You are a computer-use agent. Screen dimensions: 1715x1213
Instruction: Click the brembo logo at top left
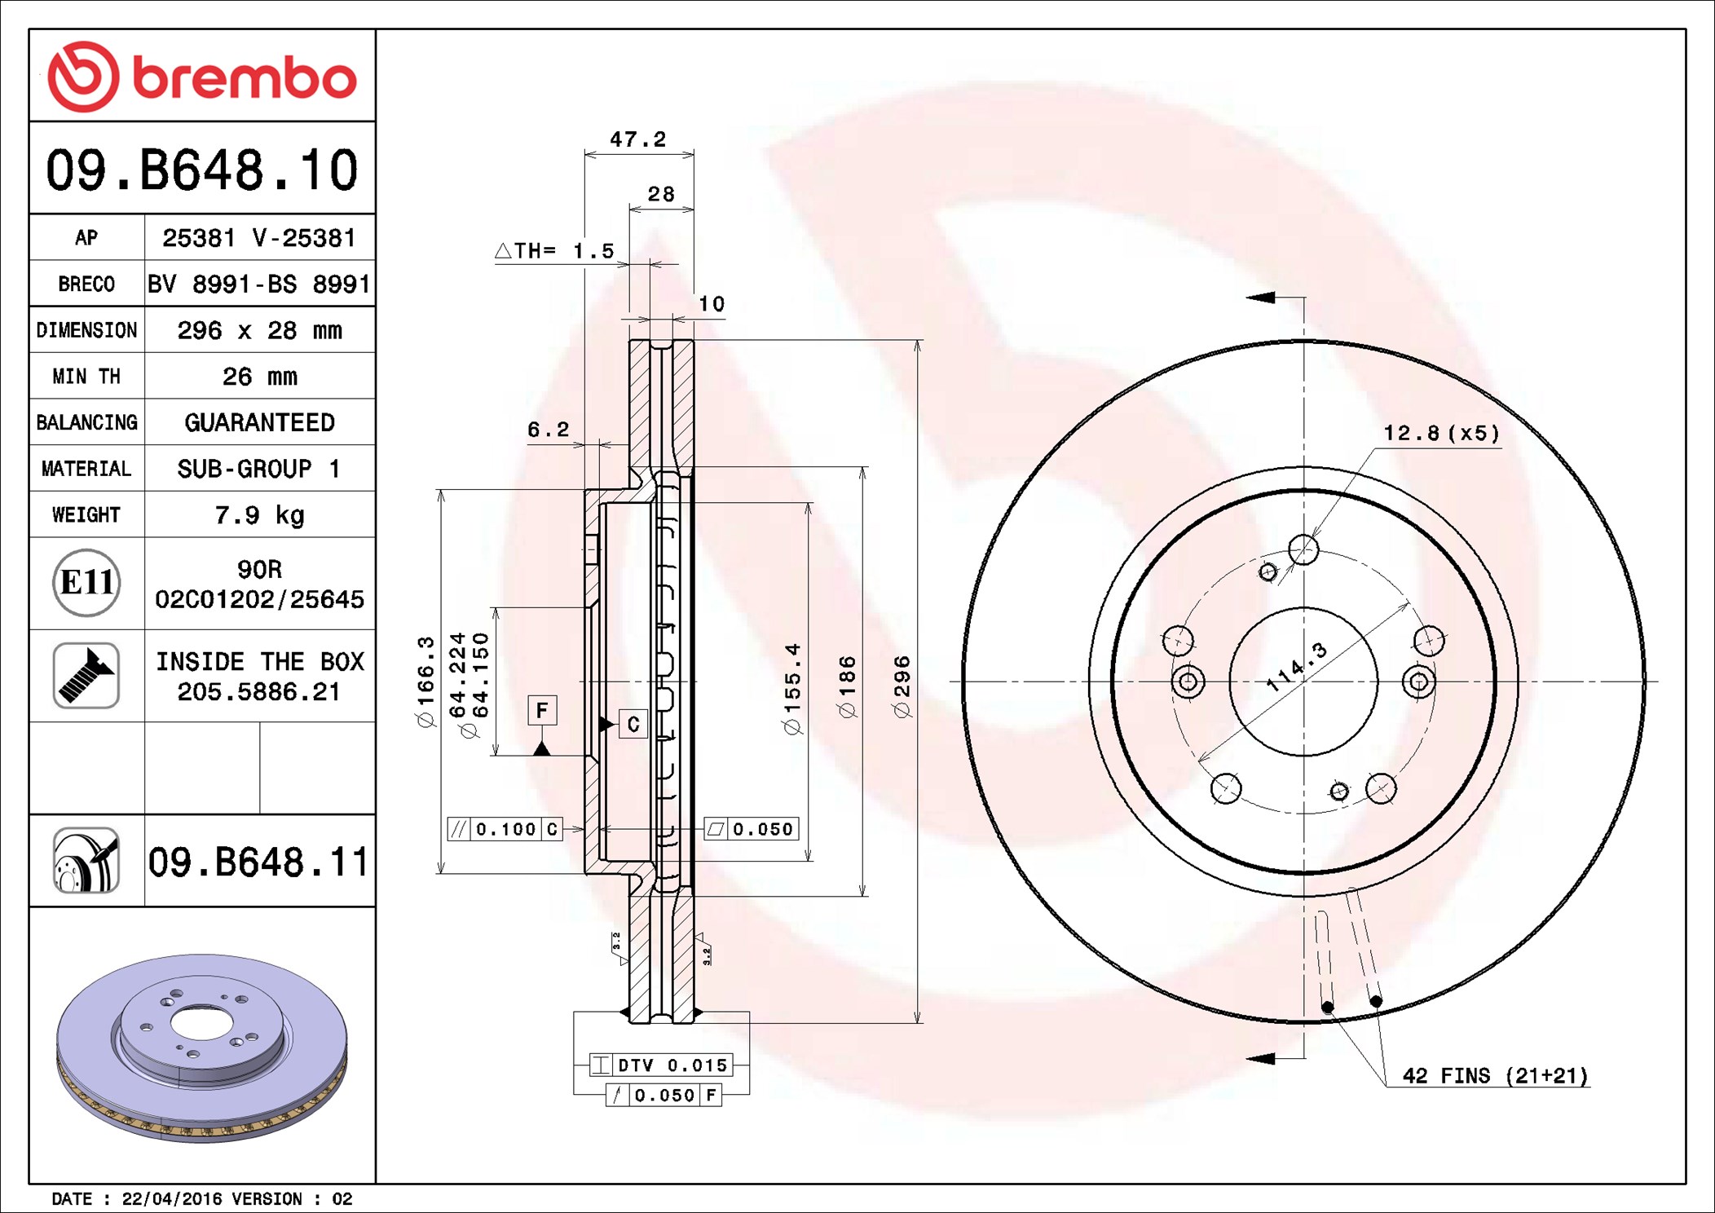pos(202,77)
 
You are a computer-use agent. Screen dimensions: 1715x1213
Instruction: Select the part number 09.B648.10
pos(202,170)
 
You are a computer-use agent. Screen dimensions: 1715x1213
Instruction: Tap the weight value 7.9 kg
pos(259,515)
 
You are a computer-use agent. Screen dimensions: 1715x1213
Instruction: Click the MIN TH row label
pos(86,377)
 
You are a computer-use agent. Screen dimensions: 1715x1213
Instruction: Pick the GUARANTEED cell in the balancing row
pos(259,422)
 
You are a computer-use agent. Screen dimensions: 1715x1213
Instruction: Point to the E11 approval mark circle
pos(86,583)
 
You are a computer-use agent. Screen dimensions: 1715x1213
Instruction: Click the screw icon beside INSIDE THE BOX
pos(86,675)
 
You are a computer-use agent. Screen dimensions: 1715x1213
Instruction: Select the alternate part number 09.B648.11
pos(258,862)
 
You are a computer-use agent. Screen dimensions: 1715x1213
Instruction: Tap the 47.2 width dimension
pos(638,139)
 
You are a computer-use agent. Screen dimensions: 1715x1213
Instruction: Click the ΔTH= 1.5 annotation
pos(554,250)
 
